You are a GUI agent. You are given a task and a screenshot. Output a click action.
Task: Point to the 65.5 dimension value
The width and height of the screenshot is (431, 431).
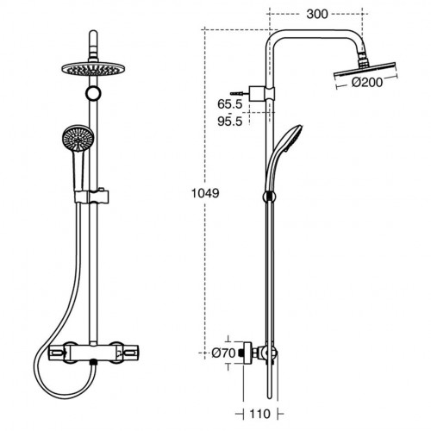point(228,105)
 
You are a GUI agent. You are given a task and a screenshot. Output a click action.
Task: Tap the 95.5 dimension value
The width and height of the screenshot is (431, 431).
point(228,122)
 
